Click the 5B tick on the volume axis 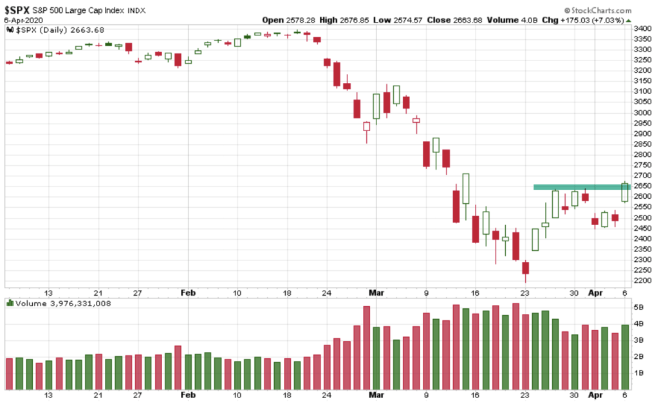click(640, 307)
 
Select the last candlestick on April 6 click(625, 192)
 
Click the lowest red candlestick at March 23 click(525, 268)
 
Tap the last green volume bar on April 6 click(625, 357)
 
